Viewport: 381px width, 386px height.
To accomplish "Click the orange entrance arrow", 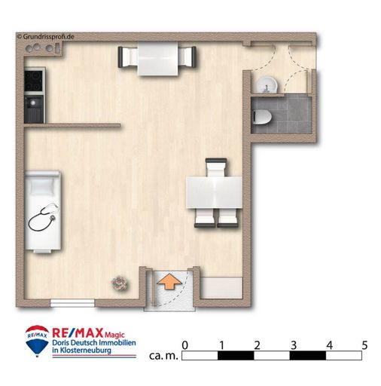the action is coord(169,282).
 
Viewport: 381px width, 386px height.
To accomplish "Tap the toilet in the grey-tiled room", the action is coord(262,117).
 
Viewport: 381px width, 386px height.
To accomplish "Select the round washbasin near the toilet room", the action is coord(267,84).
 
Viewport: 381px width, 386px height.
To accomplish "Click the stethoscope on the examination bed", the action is coord(43,217).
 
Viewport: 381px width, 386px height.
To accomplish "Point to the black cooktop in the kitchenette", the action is coord(33,81).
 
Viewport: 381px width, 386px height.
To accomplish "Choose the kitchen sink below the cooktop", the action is coord(34,109).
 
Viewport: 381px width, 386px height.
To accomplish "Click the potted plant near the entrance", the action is coord(120,283).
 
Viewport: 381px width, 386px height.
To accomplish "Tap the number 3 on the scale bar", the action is coord(294,345).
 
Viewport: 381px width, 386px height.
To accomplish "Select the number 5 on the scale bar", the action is coord(364,345).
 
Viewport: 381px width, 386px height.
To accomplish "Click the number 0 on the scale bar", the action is coord(184,345).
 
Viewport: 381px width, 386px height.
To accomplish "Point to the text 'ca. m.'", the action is coord(163,356).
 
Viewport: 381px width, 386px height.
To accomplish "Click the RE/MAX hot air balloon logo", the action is coord(37,341).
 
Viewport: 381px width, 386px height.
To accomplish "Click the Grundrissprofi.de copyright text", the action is coord(45,37).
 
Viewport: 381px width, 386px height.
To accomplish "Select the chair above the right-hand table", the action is coord(216,167).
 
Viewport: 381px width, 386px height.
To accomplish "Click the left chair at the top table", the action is coord(127,57).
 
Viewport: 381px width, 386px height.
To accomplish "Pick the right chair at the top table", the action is coord(187,57).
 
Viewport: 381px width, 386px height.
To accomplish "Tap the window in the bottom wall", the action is coord(72,303).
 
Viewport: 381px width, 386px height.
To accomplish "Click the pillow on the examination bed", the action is coord(42,186).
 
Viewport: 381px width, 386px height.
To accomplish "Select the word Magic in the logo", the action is coord(114,335).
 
